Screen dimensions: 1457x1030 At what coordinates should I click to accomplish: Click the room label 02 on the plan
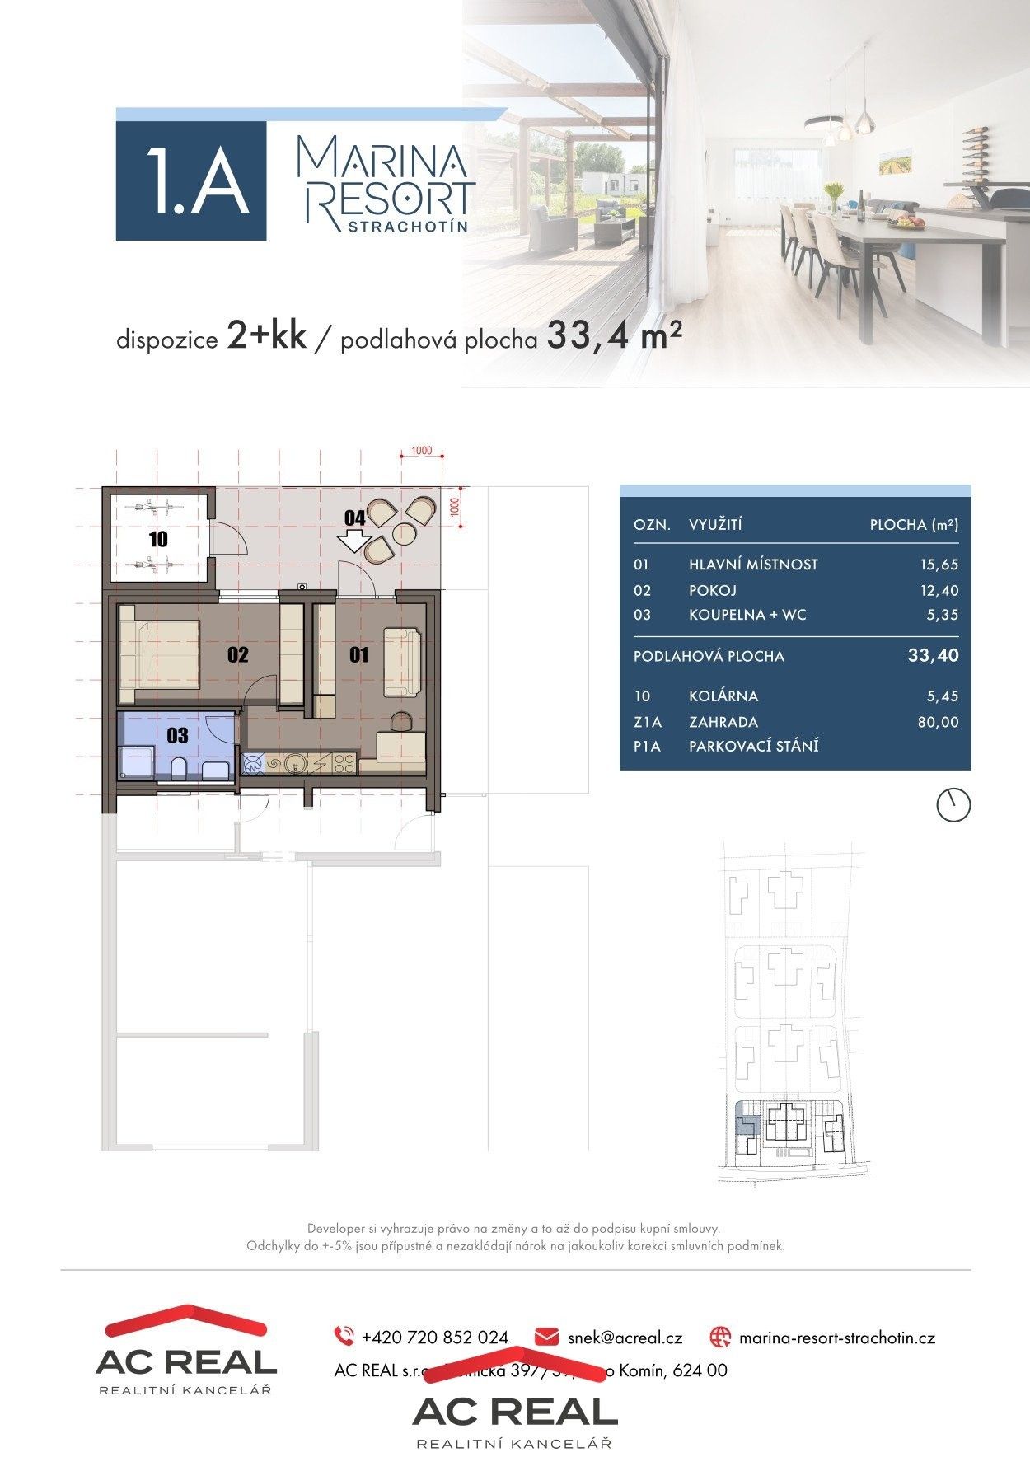(237, 654)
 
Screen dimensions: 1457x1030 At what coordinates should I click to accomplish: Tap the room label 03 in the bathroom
(177, 735)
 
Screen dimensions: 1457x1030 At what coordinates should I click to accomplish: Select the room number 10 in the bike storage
(158, 539)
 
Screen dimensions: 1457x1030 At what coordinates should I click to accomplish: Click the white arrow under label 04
(353, 541)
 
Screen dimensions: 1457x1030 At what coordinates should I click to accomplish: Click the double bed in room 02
(160, 654)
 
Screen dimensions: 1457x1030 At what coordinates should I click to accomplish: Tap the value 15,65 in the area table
(939, 565)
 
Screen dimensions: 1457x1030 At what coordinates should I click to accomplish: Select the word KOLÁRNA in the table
(723, 696)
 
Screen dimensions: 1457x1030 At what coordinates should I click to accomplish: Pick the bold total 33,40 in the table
(933, 655)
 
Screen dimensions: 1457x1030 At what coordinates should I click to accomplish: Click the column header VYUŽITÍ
(715, 525)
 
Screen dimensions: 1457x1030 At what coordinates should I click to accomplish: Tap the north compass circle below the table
(953, 804)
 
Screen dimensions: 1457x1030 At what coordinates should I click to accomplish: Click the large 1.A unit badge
(191, 180)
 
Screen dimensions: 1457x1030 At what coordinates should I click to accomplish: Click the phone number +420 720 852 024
(434, 1337)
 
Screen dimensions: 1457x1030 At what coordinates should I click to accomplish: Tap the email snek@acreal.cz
(625, 1337)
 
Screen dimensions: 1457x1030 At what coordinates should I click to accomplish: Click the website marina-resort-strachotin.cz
(836, 1337)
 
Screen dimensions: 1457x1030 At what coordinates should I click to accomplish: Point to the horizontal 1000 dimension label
(421, 451)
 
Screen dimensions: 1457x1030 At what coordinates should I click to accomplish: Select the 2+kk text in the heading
(265, 338)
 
